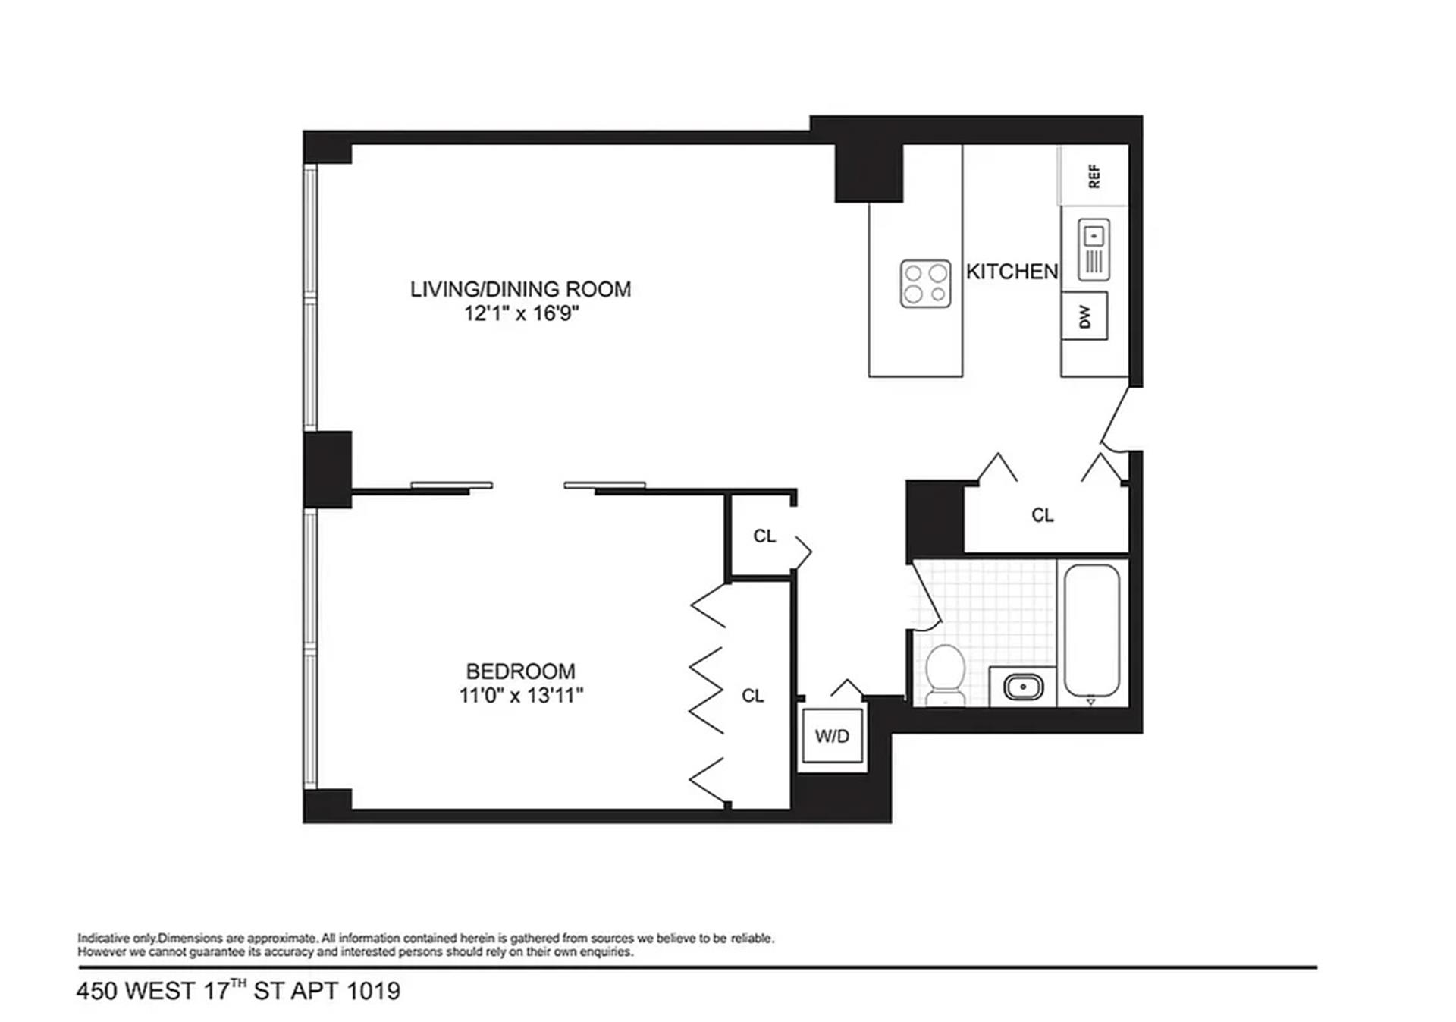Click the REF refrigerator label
(x=1094, y=176)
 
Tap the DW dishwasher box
(x=1084, y=316)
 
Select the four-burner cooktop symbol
(x=925, y=283)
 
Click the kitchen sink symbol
(x=1094, y=249)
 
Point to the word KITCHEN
(x=1012, y=272)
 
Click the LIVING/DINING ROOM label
(x=520, y=289)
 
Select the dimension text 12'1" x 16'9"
(x=521, y=313)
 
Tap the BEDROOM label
(x=520, y=671)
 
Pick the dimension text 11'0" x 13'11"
(x=520, y=695)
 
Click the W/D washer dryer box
(x=832, y=736)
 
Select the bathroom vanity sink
(x=1022, y=687)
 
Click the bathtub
(x=1092, y=630)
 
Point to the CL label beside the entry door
(x=1043, y=515)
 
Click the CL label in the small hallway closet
(x=764, y=536)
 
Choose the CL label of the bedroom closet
(x=752, y=696)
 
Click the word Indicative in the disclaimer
(x=102, y=939)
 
